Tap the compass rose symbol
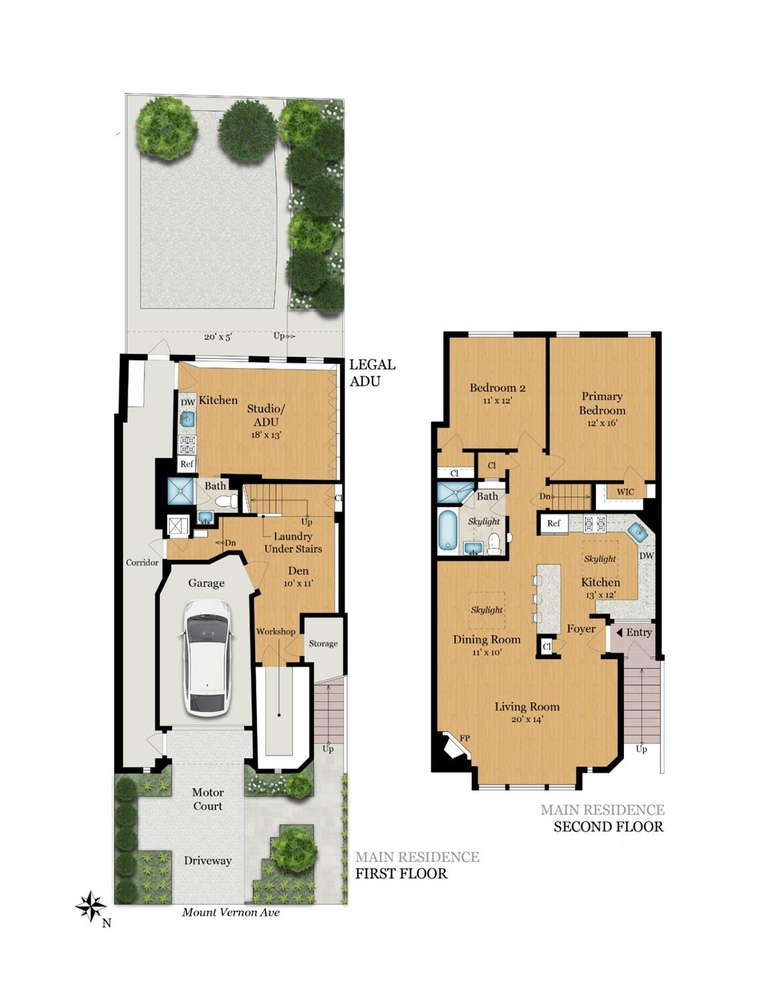click(x=90, y=906)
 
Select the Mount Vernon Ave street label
click(x=230, y=912)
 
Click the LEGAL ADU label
click(x=372, y=372)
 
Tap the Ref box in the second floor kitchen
click(x=554, y=522)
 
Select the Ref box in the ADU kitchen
click(x=187, y=463)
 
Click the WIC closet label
click(x=625, y=492)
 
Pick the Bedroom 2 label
click(x=497, y=388)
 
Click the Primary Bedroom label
click(x=602, y=403)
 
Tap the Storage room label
click(x=323, y=644)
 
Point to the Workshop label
click(x=275, y=632)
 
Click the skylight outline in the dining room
click(x=486, y=610)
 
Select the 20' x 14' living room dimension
click(x=527, y=719)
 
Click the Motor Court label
click(x=208, y=799)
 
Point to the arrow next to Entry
click(x=619, y=632)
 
